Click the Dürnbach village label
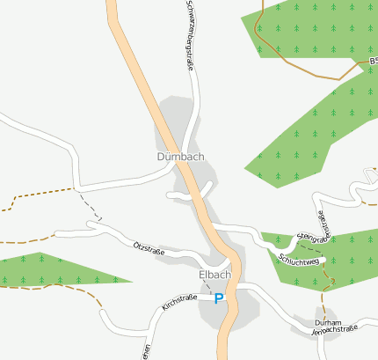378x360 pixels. coord(180,158)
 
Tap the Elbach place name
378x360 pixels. coord(214,275)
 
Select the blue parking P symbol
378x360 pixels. coord(219,298)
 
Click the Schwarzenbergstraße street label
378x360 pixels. coord(189,35)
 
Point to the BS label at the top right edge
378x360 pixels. coord(373,62)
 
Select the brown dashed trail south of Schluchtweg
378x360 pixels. coord(331,280)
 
